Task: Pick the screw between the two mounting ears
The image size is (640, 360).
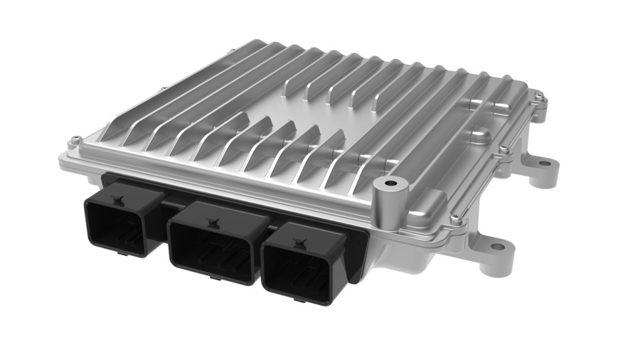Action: [503, 149]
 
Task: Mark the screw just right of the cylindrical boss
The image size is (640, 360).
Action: [455, 220]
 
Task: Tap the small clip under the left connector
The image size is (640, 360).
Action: [128, 250]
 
